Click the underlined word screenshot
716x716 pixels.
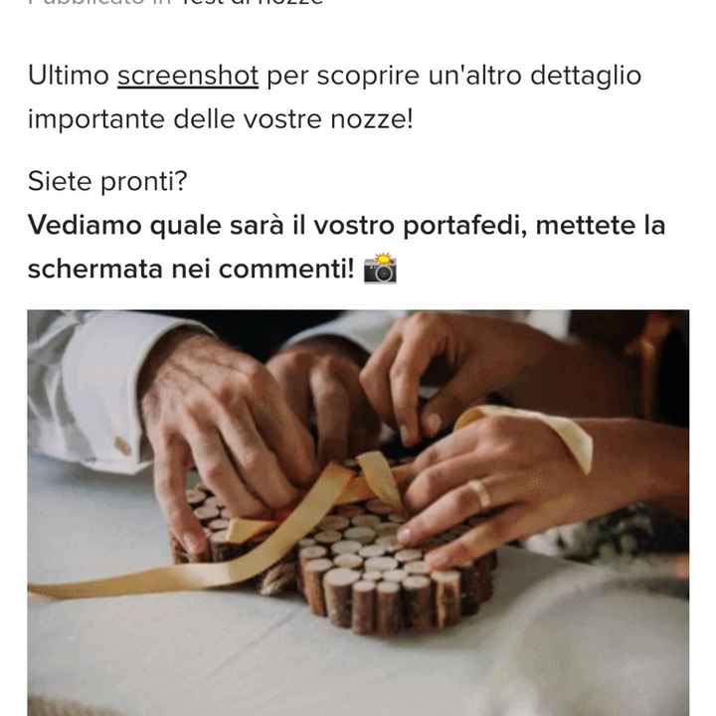[188, 76]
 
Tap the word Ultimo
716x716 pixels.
[67, 76]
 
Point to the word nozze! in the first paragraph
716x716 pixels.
[378, 119]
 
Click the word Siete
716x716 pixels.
[56, 182]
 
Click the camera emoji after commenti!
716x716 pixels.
[380, 268]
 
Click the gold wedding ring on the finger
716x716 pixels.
[480, 493]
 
